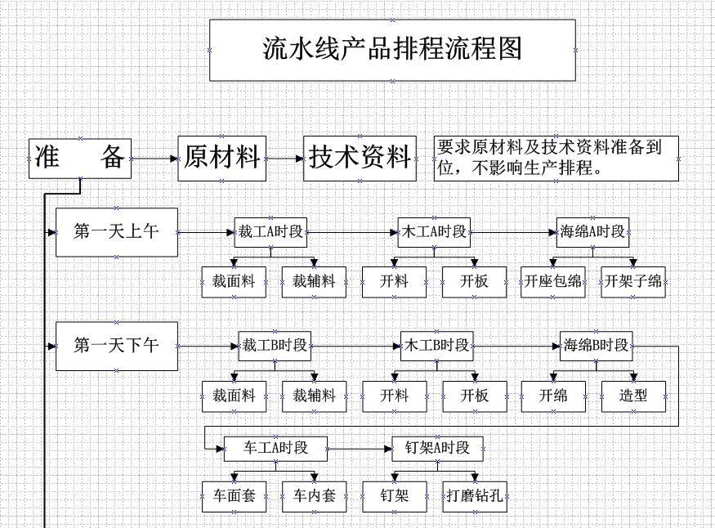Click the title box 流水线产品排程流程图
point(392,50)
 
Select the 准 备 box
point(80,157)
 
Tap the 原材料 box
point(223,157)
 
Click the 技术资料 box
point(360,157)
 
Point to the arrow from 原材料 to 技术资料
point(285,158)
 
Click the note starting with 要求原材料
point(556,158)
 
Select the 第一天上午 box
point(116,232)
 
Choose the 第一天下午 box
point(116,346)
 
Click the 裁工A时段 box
point(270,232)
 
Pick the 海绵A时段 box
point(593,232)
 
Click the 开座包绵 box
point(553,281)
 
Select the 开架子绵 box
point(632,281)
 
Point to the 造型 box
point(633,396)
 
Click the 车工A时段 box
point(276,448)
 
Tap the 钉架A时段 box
point(437,448)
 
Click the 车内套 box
point(314,496)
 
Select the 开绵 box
point(553,396)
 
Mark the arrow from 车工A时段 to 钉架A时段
point(360,449)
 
